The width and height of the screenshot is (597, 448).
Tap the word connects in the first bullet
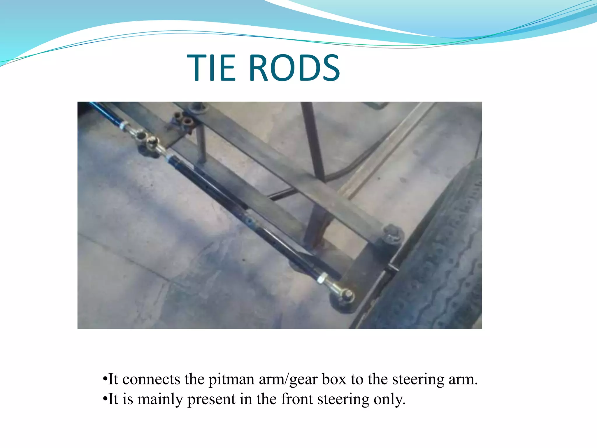point(152,379)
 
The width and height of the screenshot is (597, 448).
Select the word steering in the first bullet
point(418,380)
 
